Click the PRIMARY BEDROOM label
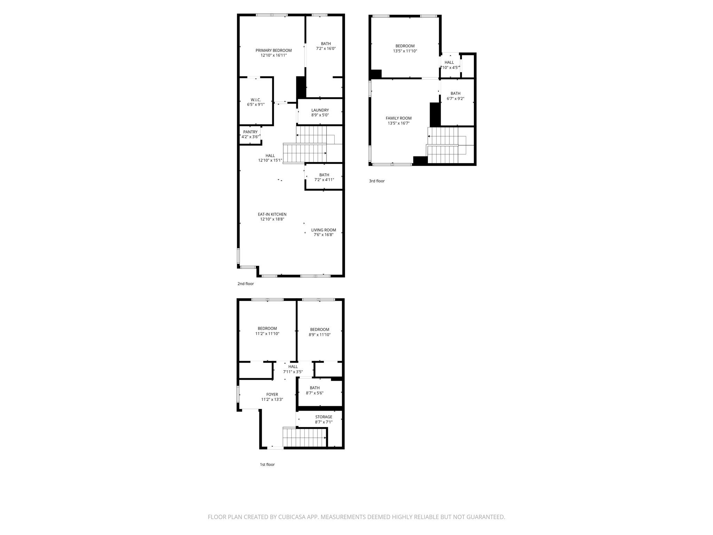click(274, 51)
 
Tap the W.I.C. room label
click(256, 100)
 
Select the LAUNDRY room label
click(320, 110)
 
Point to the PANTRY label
click(250, 132)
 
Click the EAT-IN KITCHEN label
click(272, 215)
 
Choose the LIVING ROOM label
click(323, 230)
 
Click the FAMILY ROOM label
click(399, 118)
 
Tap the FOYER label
click(272, 395)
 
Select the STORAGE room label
click(324, 417)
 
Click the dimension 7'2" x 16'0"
click(326, 49)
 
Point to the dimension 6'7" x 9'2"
click(455, 99)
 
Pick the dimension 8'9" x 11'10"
click(320, 335)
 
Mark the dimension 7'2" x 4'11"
click(324, 180)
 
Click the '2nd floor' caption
click(246, 284)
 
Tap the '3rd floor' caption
click(377, 181)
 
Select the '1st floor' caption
click(267, 465)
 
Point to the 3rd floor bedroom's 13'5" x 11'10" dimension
click(405, 51)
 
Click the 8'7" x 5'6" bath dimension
click(315, 393)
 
